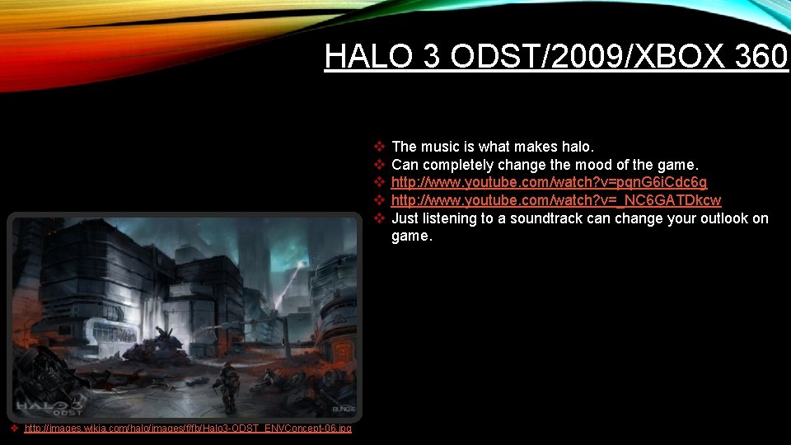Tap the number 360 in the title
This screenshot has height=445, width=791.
pyautogui.click(x=758, y=56)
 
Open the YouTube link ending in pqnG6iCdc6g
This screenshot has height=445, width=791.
pyautogui.click(x=549, y=182)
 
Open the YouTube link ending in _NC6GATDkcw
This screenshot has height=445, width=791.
pyautogui.click(x=555, y=200)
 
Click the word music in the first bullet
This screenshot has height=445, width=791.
pyautogui.click(x=439, y=147)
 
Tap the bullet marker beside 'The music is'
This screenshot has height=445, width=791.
pyautogui.click(x=380, y=147)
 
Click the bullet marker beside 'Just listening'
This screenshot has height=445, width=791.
pyautogui.click(x=380, y=218)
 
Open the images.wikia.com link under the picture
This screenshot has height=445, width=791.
pyautogui.click(x=188, y=429)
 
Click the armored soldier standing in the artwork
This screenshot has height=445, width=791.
pyautogui.click(x=229, y=385)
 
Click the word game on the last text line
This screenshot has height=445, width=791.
pyautogui.click(x=410, y=237)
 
